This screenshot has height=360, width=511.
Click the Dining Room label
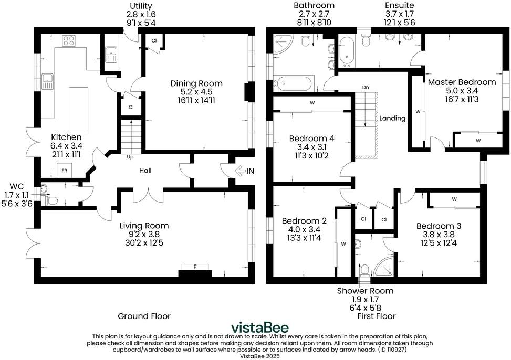point(196,83)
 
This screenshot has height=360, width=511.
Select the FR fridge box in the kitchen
point(65,171)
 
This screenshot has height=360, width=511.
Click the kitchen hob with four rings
point(69,40)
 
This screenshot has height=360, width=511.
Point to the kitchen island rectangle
point(79,109)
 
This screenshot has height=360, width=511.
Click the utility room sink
point(111,55)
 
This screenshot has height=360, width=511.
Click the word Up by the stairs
point(130,157)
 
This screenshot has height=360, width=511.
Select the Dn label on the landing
point(366,87)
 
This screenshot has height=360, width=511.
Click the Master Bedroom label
point(462,82)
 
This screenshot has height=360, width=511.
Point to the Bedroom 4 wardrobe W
point(312,103)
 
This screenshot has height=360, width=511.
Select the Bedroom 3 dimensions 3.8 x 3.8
point(439,235)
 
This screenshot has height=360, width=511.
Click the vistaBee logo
point(260,327)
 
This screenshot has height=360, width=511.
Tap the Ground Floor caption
point(144,316)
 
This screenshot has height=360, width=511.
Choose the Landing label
point(392,118)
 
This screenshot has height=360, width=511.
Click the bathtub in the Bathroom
point(294,83)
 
